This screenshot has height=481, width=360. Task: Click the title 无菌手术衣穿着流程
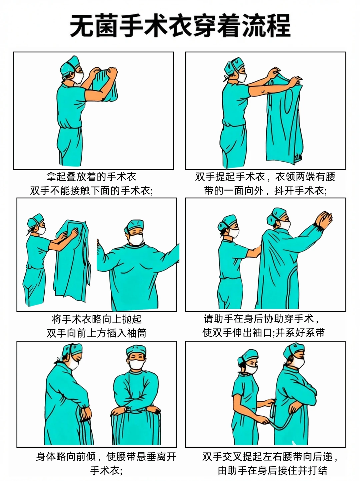point(180,26)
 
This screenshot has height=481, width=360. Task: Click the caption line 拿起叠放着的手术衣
point(91,177)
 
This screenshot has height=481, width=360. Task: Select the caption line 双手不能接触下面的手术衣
point(91,191)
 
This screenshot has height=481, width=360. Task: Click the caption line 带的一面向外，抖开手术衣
point(265,191)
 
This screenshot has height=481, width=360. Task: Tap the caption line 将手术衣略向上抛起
point(97,319)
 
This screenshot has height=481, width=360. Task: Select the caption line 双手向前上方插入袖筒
point(97,333)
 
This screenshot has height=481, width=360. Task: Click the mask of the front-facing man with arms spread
point(136,239)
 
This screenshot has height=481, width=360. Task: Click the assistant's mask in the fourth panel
point(234,232)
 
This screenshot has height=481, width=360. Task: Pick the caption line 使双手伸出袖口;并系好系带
point(263,333)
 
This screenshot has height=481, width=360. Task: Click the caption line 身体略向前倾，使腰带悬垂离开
point(106,456)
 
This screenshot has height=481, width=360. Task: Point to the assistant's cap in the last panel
point(247,356)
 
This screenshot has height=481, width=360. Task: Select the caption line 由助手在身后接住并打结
point(272,470)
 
